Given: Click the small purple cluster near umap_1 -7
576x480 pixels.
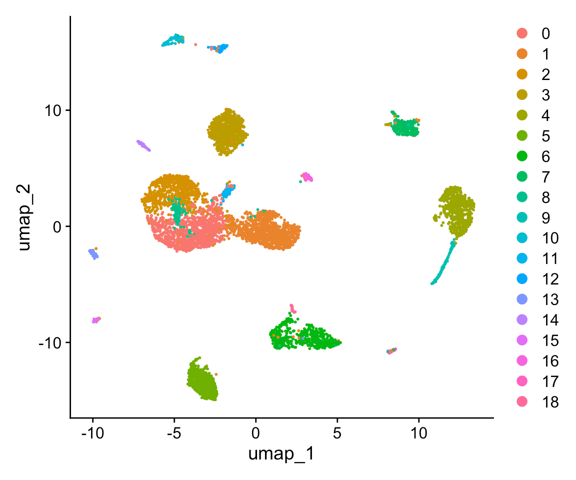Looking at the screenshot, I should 143,145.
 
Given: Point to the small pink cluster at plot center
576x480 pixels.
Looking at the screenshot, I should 306,177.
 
